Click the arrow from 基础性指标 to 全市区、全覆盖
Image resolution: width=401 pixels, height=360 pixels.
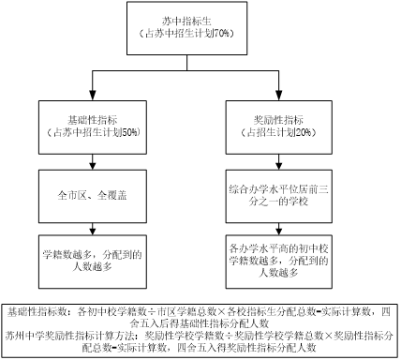click(x=91, y=161)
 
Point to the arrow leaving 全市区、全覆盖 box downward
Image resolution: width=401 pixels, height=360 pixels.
click(x=91, y=227)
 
